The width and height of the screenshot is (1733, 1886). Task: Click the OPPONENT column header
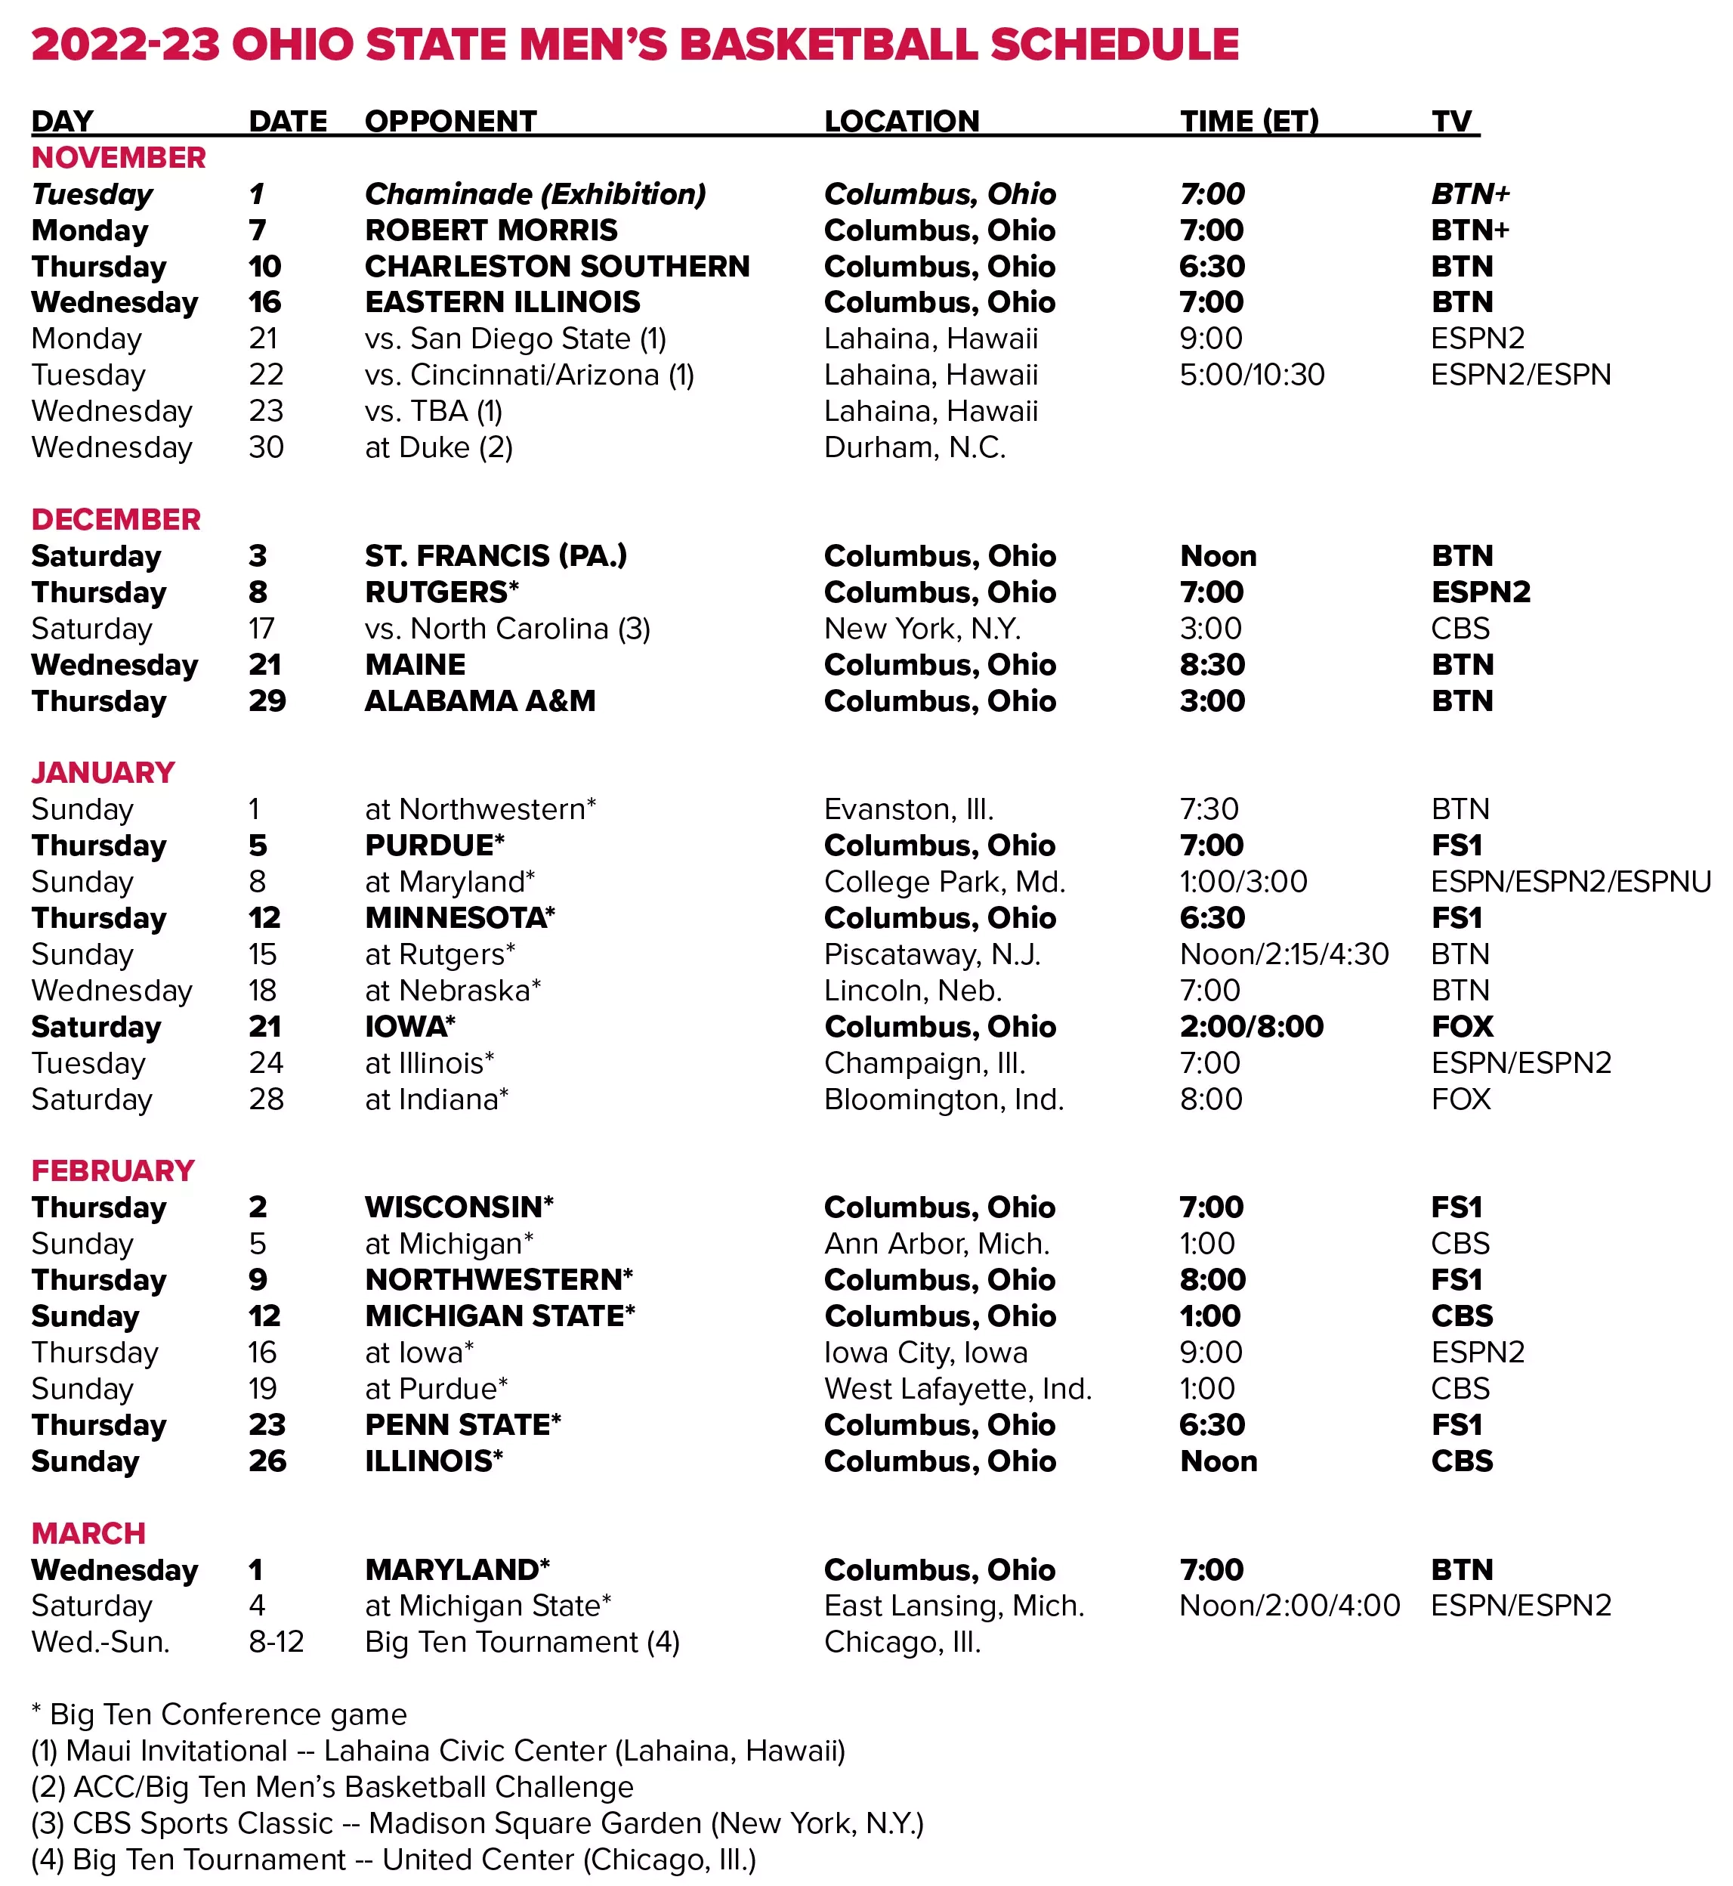coord(450,121)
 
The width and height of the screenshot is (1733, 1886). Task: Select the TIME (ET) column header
coord(1248,121)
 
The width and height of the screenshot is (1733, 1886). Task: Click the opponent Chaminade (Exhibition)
coord(535,194)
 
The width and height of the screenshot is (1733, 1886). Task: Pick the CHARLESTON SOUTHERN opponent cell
coord(556,266)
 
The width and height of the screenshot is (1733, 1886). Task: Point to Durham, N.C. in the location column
coord(914,447)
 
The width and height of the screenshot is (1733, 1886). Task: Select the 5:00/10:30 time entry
coord(1251,375)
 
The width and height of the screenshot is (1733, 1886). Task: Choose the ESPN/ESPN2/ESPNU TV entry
coord(1570,882)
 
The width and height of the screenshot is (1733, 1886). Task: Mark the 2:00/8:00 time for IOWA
coord(1251,1026)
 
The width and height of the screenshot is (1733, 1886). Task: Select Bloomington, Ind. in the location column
coord(944,1099)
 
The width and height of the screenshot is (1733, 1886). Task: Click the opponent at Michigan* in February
coord(448,1244)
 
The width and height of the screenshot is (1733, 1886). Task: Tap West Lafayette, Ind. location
coord(957,1388)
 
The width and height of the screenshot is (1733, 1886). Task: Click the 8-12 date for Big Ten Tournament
coord(276,1641)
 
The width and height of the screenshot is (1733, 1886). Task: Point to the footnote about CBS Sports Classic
coord(477,1823)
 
